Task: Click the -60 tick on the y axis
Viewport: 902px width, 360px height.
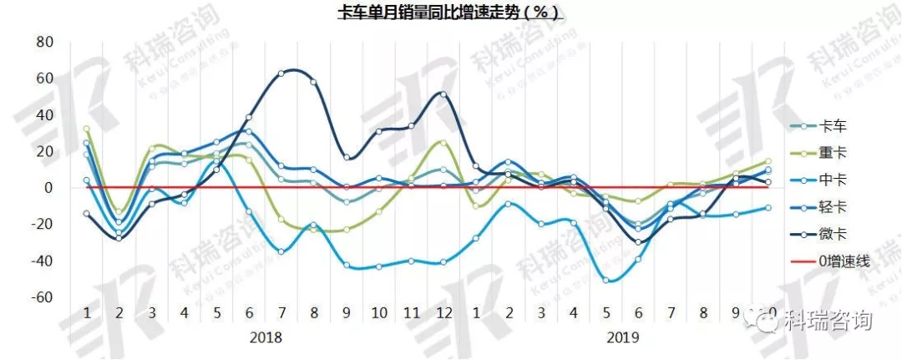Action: point(42,297)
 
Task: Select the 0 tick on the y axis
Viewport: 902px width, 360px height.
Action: point(49,188)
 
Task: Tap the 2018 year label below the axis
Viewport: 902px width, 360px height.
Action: point(266,337)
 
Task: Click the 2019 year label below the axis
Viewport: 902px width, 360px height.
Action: point(622,337)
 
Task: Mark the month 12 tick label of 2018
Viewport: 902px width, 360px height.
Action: point(443,312)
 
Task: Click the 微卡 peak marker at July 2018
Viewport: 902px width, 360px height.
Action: point(281,74)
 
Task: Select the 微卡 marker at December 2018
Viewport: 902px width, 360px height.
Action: point(443,94)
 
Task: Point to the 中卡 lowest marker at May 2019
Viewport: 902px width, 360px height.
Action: point(606,280)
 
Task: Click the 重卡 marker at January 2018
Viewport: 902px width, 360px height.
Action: point(87,129)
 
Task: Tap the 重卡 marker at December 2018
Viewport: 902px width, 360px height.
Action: point(443,143)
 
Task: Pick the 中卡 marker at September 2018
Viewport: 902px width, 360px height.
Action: point(347,265)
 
